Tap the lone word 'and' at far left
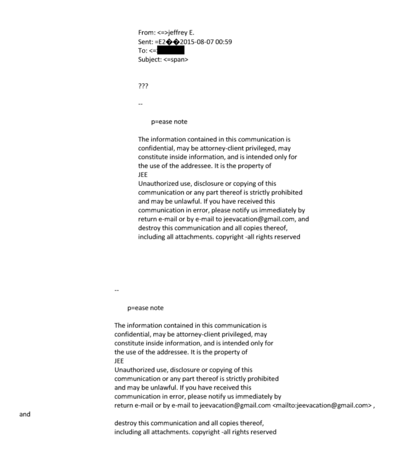(25, 414)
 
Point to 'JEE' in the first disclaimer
(143, 175)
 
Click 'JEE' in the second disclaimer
(119, 360)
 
